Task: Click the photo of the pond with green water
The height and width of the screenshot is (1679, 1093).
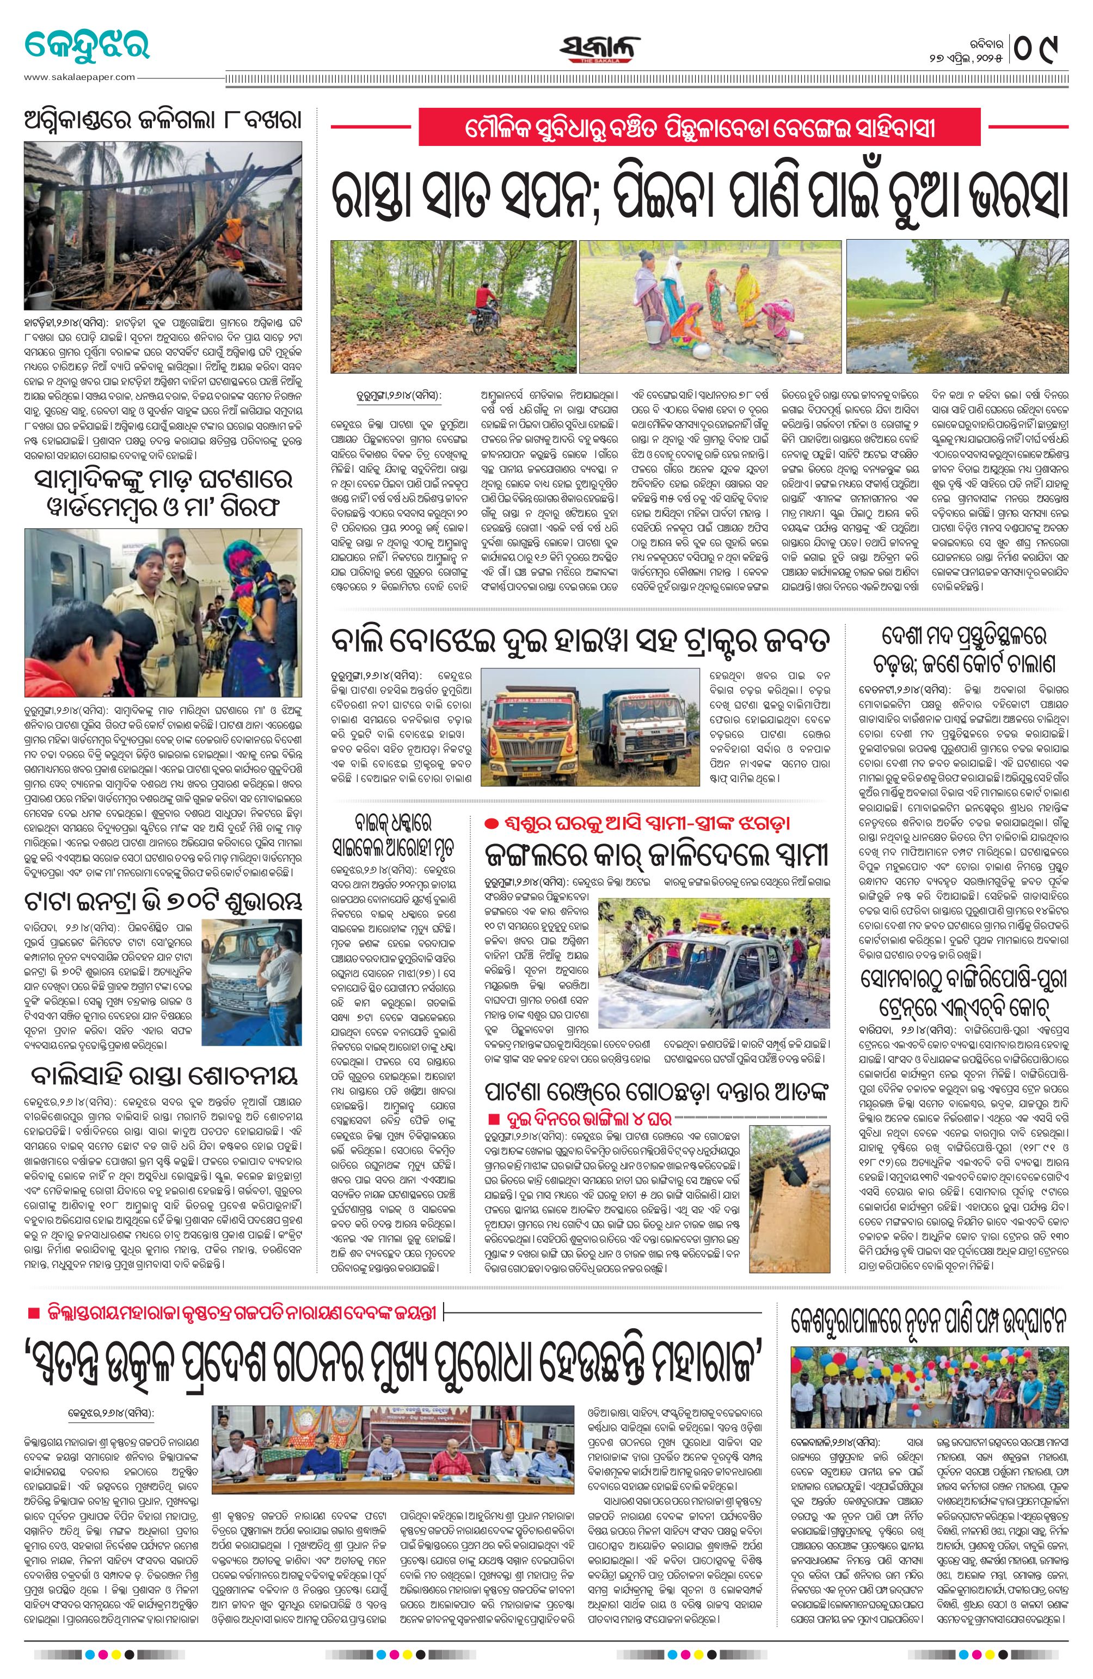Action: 956,306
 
